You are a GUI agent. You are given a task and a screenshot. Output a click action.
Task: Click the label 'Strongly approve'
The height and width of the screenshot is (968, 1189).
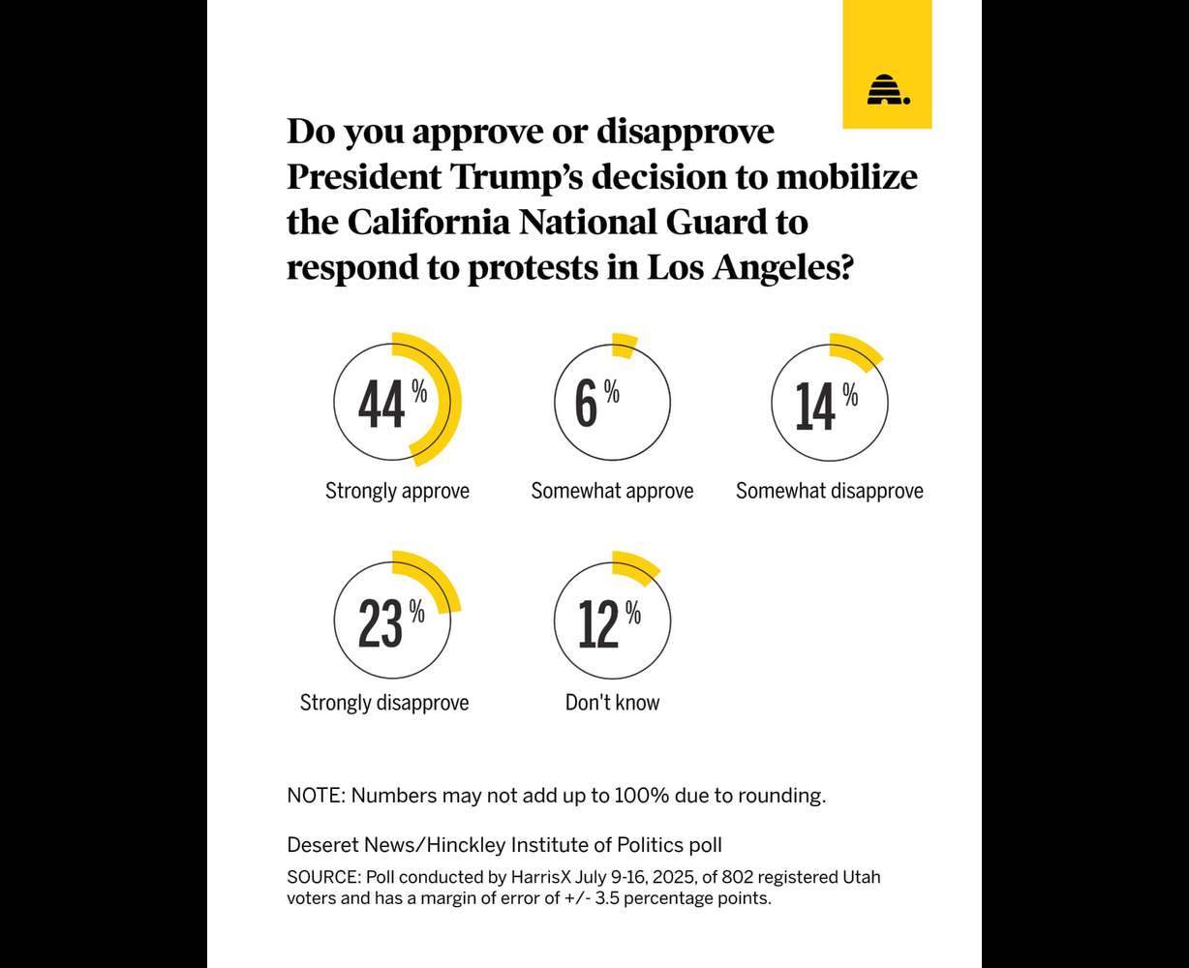coord(397,491)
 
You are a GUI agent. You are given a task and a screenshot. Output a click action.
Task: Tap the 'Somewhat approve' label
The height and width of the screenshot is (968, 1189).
coord(612,491)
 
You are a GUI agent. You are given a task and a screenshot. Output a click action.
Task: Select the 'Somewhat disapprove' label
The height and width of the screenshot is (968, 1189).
coord(830,491)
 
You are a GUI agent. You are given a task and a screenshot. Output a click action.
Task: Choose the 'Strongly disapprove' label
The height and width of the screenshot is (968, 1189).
coord(384,703)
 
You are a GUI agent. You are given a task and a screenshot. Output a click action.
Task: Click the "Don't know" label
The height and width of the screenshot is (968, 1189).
coord(612,703)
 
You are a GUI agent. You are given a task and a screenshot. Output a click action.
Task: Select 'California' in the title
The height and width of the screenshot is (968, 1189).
coord(431,222)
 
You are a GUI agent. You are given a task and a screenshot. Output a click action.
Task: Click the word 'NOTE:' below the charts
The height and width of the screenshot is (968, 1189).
coord(316,797)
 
